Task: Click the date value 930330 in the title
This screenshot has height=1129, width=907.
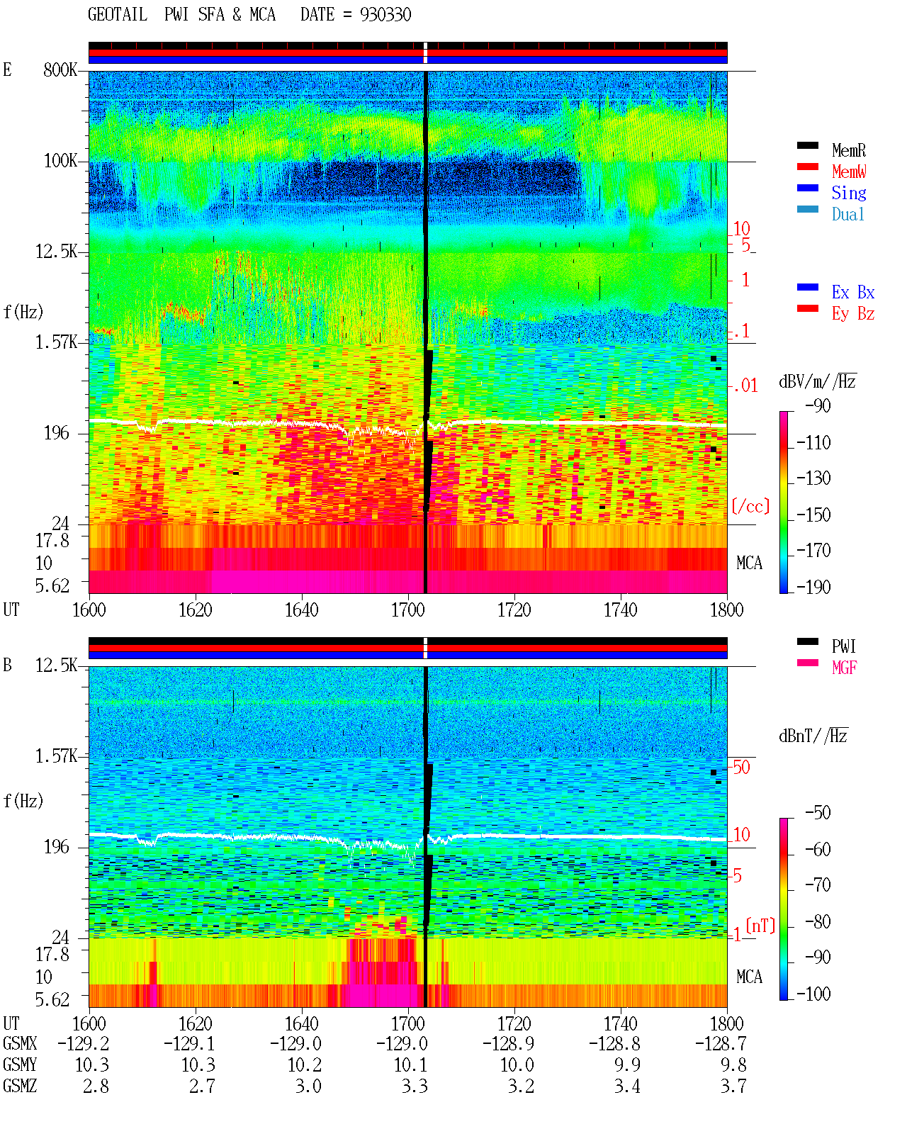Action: tap(385, 14)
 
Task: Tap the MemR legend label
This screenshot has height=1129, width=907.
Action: tap(848, 150)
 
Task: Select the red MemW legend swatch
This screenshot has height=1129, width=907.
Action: tap(807, 167)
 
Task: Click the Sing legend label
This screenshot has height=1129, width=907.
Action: tap(848, 193)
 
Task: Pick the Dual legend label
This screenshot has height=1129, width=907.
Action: tap(847, 214)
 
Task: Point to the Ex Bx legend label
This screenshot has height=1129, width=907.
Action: tap(852, 292)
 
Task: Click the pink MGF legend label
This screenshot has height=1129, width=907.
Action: tap(843, 668)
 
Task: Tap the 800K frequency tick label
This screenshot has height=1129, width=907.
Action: tap(60, 69)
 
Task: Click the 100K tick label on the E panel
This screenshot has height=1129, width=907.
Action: tap(60, 161)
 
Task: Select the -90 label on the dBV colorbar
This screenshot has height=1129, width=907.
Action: tap(818, 405)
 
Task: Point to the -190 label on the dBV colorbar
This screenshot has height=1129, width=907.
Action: tap(813, 587)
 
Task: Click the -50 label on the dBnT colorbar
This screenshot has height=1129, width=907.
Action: tap(818, 812)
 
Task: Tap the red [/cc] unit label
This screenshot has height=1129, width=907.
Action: tap(750, 506)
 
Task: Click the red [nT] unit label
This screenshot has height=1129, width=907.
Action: tap(760, 926)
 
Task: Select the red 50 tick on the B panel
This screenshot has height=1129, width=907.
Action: tap(741, 767)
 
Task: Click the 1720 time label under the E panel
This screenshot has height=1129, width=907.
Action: tap(514, 610)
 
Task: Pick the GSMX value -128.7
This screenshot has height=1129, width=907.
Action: tap(721, 1043)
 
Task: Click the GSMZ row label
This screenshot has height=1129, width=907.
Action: tap(20, 1086)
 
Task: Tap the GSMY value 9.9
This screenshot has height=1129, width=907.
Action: tap(627, 1065)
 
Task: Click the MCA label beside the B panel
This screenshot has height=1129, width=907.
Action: tap(749, 977)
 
